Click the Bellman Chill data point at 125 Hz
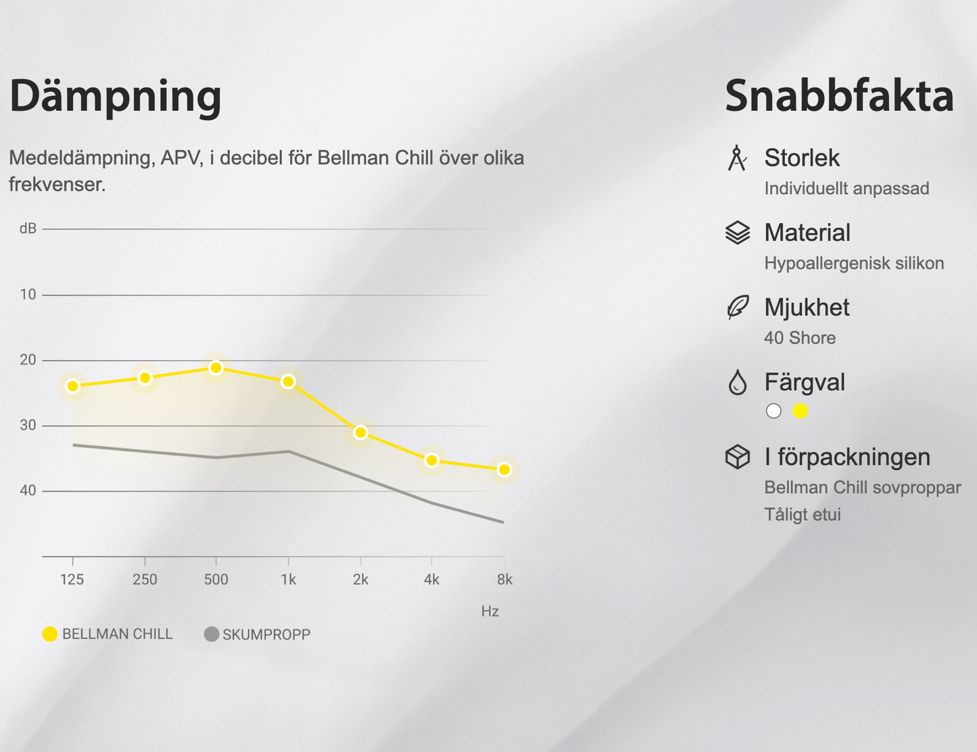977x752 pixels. click(x=73, y=386)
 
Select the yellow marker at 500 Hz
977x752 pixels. click(x=216, y=368)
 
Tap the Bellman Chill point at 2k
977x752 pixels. click(x=360, y=432)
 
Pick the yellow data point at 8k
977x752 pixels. click(x=504, y=469)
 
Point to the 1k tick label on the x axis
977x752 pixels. click(x=288, y=580)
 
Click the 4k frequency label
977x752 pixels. click(x=431, y=580)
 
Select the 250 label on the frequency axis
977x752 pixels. click(x=145, y=580)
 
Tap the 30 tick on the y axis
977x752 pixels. click(x=28, y=425)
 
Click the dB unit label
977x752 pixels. click(x=28, y=229)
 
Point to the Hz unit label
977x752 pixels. click(x=490, y=611)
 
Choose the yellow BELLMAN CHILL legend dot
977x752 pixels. click(x=50, y=634)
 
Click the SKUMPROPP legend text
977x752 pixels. click(x=266, y=634)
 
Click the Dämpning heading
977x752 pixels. click(x=116, y=96)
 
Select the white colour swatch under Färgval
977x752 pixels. click(x=773, y=411)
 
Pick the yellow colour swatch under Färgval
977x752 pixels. click(x=801, y=411)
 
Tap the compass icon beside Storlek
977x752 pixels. click(x=737, y=158)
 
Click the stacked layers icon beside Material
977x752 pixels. click(x=738, y=233)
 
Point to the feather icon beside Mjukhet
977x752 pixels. click(x=738, y=307)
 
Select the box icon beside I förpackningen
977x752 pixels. click(x=738, y=456)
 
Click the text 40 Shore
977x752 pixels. click(x=800, y=337)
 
